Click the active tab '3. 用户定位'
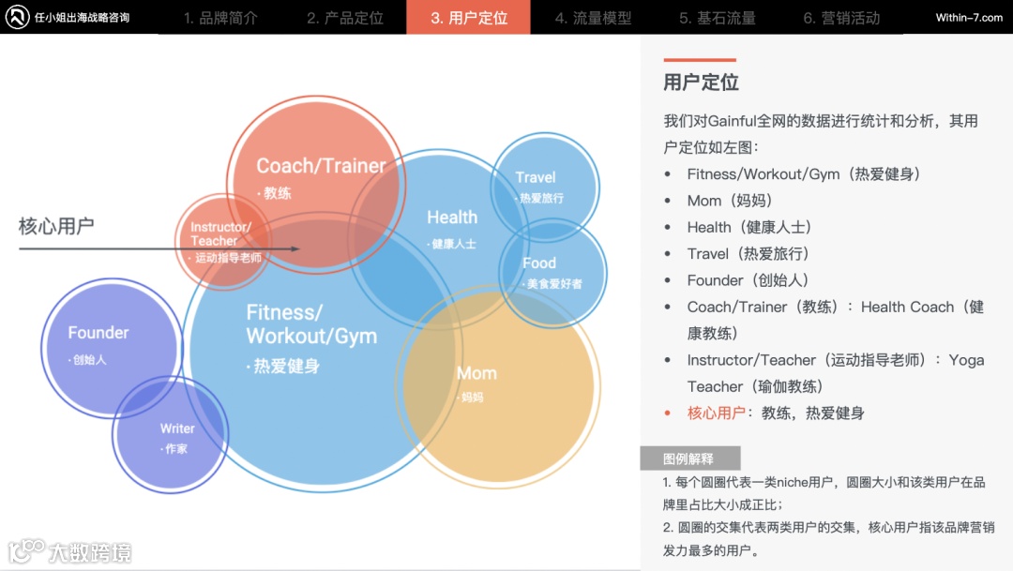click(x=468, y=18)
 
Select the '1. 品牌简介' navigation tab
click(x=220, y=18)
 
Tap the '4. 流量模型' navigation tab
click(x=593, y=18)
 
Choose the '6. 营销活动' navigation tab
click(x=841, y=18)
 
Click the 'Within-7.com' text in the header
click(x=969, y=18)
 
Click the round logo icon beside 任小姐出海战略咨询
click(x=16, y=18)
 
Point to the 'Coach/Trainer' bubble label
click(x=321, y=166)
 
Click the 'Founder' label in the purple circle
click(x=98, y=333)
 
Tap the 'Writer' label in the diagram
click(x=177, y=428)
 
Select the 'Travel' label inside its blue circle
click(x=536, y=177)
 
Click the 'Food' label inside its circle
click(x=539, y=263)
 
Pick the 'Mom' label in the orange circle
click(x=476, y=373)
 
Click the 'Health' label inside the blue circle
click(x=452, y=218)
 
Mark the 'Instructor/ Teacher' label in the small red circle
click(x=220, y=233)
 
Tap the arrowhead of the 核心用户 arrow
click(x=295, y=248)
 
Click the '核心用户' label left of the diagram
click(x=56, y=227)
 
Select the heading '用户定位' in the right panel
click(x=701, y=83)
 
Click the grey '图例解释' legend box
click(x=689, y=458)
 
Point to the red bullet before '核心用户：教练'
click(x=668, y=413)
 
